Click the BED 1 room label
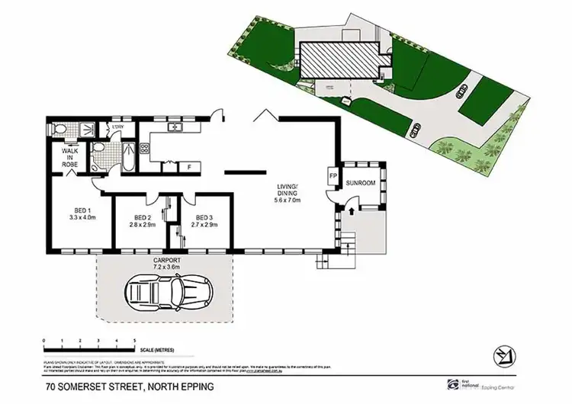coord(82,214)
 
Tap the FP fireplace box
coord(333,175)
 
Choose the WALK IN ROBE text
coord(70,158)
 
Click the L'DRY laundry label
coord(118,127)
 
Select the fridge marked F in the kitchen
coord(188,165)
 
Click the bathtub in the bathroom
coord(127,158)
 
